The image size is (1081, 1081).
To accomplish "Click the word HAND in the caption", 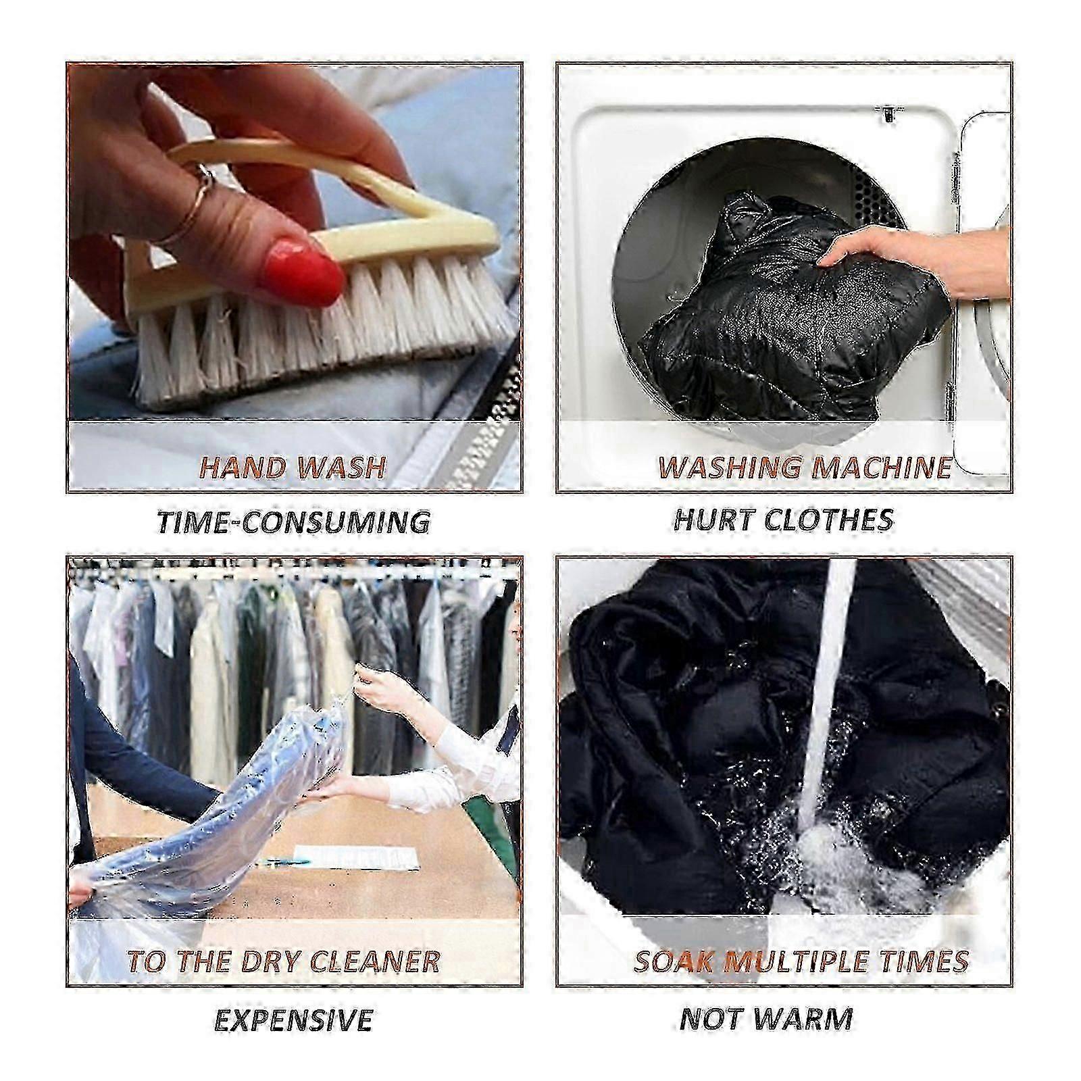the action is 236,467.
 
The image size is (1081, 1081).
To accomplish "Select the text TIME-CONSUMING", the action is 293,522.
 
